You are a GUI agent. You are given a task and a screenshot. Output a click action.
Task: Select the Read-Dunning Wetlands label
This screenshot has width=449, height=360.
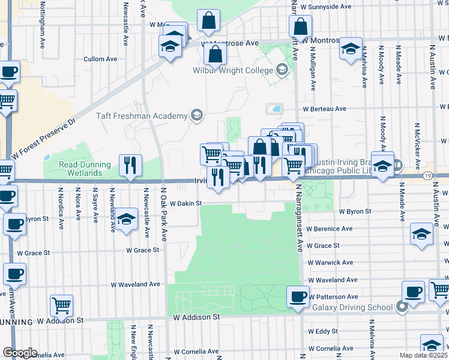[x=84, y=169]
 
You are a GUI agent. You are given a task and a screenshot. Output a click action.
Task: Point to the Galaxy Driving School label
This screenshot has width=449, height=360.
[x=352, y=307]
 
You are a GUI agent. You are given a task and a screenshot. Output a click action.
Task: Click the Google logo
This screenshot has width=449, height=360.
[x=19, y=353]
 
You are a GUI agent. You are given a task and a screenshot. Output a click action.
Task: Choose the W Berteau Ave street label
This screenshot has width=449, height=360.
[x=324, y=109]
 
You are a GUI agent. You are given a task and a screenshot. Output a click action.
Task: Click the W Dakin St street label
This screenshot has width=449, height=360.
[x=185, y=204]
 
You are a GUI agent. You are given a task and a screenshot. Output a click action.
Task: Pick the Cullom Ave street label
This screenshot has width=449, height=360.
[x=100, y=59]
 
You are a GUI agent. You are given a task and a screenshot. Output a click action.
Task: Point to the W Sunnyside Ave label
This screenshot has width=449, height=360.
[x=328, y=7]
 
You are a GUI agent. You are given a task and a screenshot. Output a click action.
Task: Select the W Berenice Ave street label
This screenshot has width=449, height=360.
[x=331, y=229]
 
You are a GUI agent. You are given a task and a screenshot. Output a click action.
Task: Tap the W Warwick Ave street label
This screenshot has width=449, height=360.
[x=331, y=262]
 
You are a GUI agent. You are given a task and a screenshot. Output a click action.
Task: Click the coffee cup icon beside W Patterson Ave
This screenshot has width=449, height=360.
[x=297, y=296]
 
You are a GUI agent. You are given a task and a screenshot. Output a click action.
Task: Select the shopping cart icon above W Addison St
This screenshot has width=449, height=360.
[x=61, y=305]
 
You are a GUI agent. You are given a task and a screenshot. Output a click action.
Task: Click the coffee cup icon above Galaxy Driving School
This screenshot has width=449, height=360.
[x=412, y=292]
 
